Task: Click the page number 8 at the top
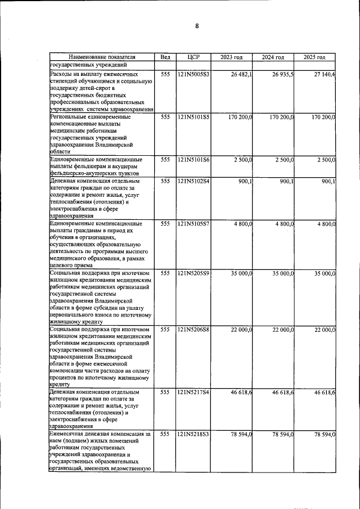tap(197, 26)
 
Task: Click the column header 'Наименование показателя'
tap(102, 57)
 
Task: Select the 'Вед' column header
tap(165, 57)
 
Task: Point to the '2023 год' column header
tap(231, 57)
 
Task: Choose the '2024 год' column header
tap(273, 57)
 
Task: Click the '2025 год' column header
tap(314, 57)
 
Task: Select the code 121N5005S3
tap(193, 74)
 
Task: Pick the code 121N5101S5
tap(193, 117)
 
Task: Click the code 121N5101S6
tap(193, 160)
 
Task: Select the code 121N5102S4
tap(193, 181)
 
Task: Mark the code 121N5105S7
tap(193, 224)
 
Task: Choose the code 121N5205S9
tap(193, 273)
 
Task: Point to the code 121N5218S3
tap(193, 434)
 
